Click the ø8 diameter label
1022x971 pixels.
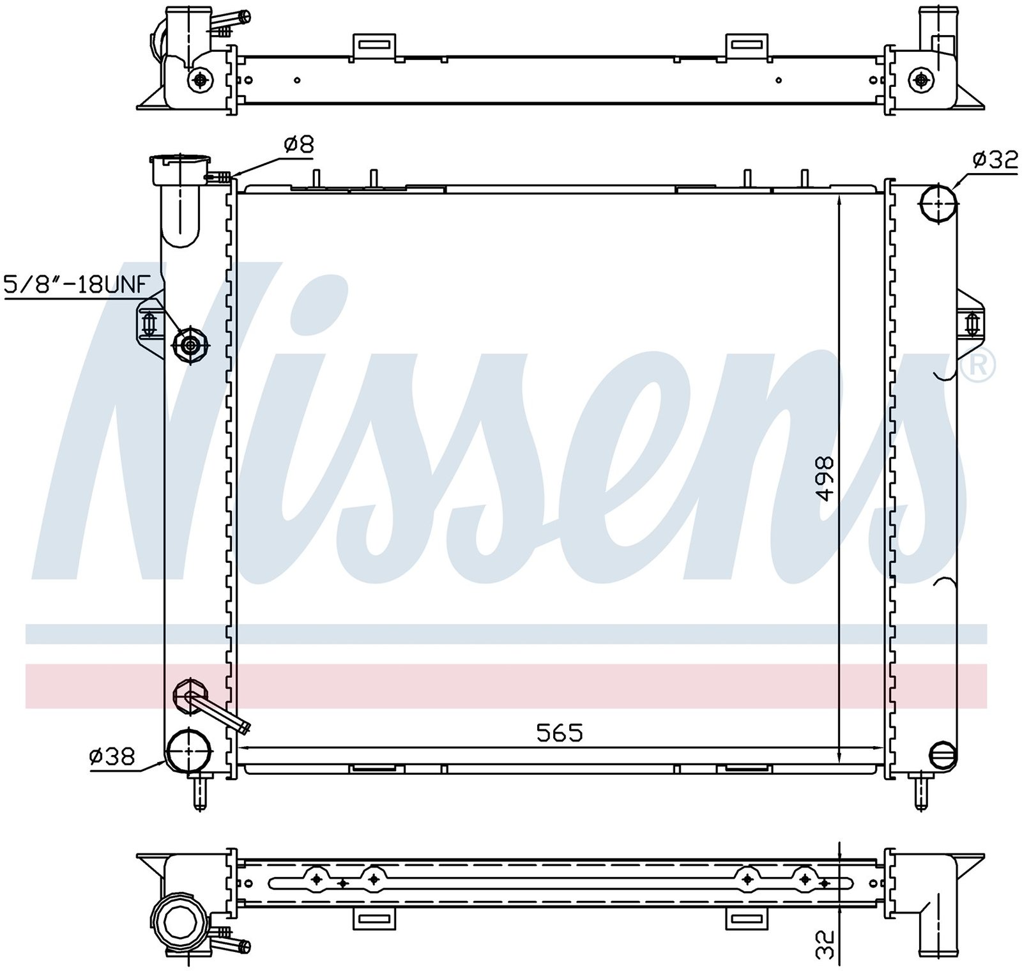coord(298,144)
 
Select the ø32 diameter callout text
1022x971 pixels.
coord(995,160)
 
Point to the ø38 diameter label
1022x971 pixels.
coord(112,757)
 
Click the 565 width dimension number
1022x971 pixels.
coord(560,733)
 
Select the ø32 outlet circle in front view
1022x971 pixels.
coord(938,204)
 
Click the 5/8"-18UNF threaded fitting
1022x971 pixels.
coord(190,346)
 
